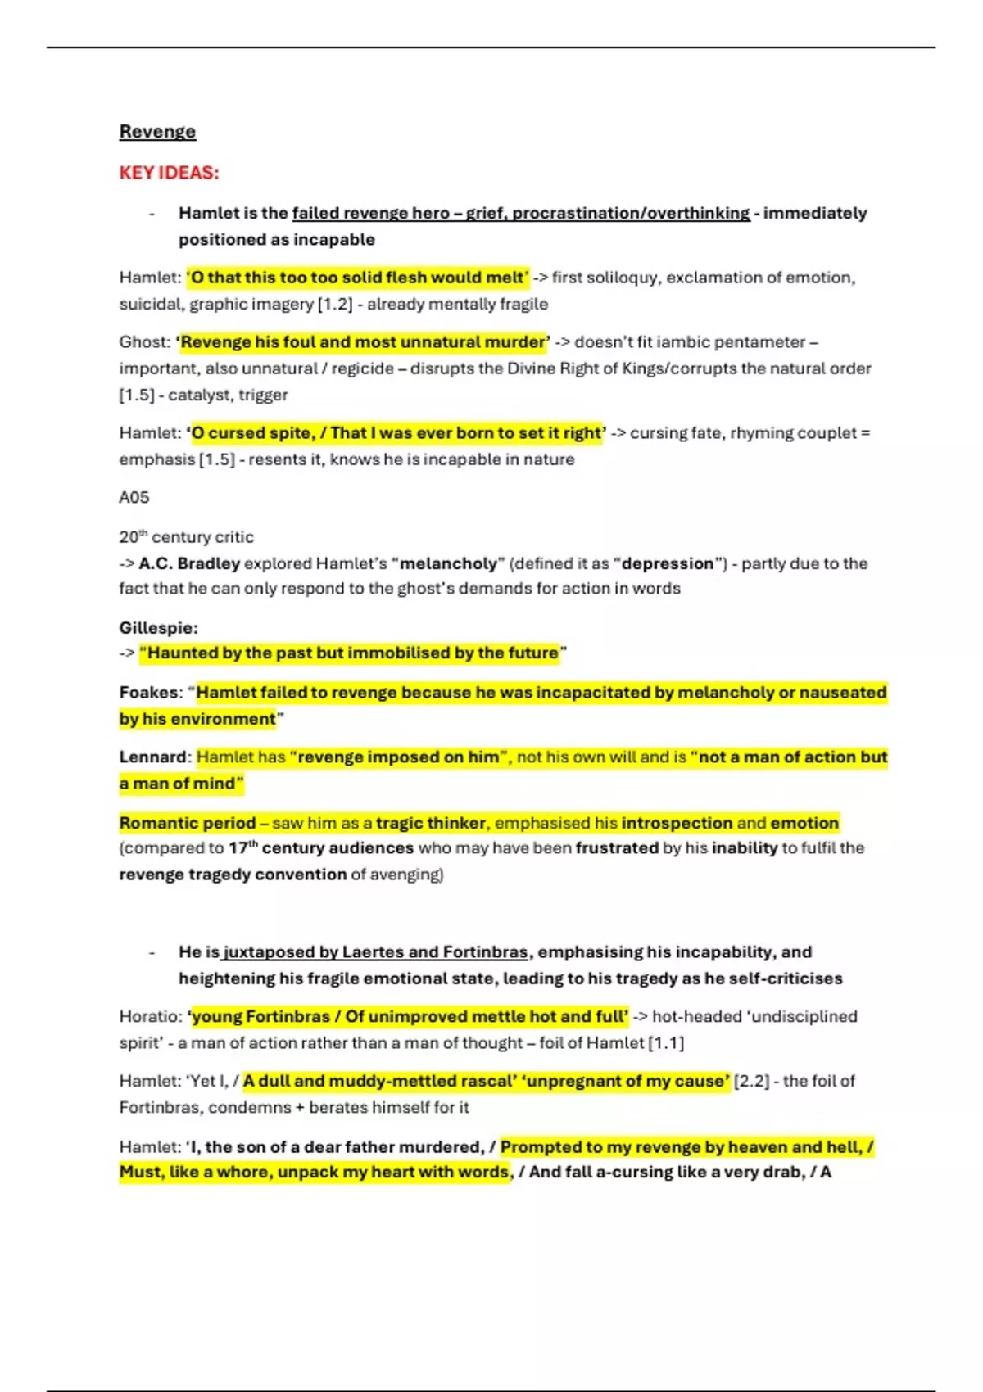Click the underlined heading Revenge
(157, 132)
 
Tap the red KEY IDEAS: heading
(169, 173)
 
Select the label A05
(134, 497)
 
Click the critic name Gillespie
(157, 628)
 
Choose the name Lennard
(153, 757)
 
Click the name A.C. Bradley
(189, 563)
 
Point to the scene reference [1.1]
(666, 1043)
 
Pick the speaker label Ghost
(143, 342)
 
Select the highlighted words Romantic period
(188, 823)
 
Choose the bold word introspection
(677, 823)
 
